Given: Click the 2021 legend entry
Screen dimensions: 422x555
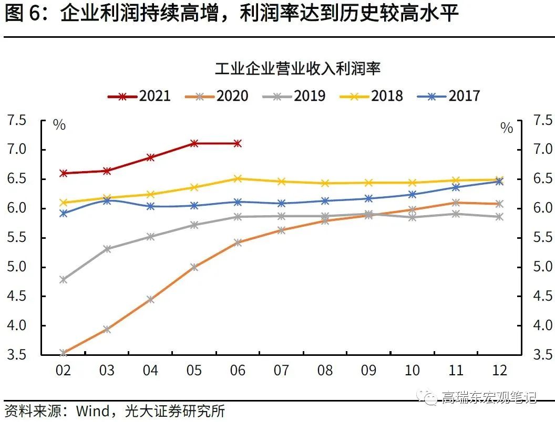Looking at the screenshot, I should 139,96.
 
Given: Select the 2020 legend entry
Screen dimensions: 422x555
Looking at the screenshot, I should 217,96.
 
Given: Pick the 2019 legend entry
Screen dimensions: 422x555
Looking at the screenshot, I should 294,96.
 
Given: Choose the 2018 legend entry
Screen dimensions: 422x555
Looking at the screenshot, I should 372,96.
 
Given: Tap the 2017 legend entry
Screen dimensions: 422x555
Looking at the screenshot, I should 449,96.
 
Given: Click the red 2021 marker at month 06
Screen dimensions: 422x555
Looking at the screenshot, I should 238,143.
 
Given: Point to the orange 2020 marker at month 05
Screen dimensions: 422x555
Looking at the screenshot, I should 194,267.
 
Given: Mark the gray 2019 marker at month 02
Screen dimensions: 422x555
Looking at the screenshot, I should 63,280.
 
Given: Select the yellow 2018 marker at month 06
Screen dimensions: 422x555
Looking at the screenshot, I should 238,178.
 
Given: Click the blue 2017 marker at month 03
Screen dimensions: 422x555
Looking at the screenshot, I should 107,201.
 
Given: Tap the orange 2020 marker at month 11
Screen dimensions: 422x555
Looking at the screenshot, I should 456,203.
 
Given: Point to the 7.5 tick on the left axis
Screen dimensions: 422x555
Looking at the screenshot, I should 17,121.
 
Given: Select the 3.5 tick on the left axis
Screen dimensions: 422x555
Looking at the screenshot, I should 17,355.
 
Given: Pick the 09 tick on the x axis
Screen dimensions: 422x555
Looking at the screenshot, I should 368,371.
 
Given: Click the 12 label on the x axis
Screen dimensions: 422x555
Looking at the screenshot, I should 500,371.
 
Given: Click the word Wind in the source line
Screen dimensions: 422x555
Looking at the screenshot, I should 92,410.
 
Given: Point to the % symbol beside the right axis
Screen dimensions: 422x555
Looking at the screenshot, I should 507,128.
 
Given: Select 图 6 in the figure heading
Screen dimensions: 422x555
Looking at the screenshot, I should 22,14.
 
